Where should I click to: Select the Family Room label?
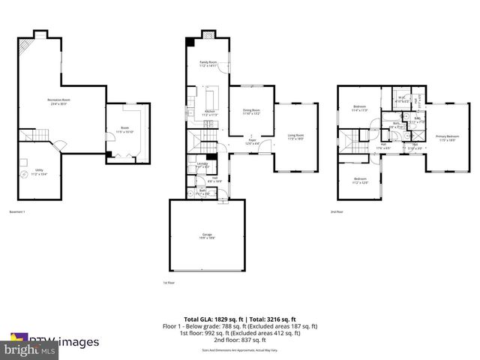(x=208, y=63)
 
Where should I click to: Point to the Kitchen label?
(x=211, y=113)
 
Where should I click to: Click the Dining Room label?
(x=250, y=112)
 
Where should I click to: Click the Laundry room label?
(x=202, y=164)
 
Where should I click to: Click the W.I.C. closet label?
(x=402, y=97)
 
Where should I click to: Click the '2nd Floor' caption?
(x=337, y=212)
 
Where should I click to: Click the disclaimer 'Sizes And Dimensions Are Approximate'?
(x=240, y=350)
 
